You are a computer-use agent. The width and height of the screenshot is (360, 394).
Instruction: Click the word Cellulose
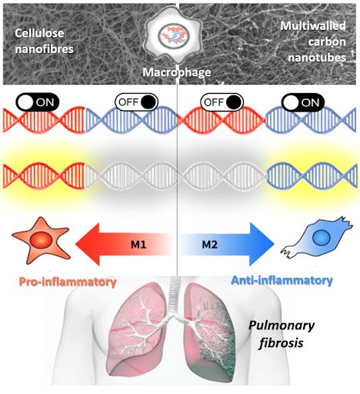(x=39, y=33)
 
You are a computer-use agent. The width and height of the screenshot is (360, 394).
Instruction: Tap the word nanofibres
(x=45, y=49)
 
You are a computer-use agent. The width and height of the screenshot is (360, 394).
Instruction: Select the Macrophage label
(x=177, y=72)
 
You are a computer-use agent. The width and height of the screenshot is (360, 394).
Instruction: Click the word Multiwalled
(x=313, y=25)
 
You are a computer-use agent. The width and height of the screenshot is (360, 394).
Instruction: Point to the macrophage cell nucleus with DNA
(x=173, y=35)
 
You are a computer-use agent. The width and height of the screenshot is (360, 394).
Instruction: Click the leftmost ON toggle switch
(x=38, y=102)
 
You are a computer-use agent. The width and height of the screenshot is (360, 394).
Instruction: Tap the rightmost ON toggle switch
(x=303, y=102)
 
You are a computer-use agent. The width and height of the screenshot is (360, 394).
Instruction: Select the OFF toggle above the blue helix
(x=136, y=102)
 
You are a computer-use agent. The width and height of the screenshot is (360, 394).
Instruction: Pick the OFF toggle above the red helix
(x=222, y=102)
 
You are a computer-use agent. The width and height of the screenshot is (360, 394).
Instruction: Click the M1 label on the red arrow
(x=138, y=245)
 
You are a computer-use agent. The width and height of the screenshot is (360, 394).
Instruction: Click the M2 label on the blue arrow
(x=210, y=245)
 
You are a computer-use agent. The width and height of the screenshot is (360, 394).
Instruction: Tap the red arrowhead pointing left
(x=88, y=244)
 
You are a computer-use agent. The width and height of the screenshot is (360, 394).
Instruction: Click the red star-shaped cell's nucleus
(x=42, y=240)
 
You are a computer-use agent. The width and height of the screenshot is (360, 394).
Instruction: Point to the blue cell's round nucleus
(x=321, y=238)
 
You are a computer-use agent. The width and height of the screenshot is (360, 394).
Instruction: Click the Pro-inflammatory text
(x=68, y=282)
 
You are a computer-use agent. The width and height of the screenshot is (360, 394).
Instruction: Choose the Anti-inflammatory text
(x=282, y=280)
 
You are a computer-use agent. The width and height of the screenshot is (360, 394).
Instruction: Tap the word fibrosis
(x=282, y=342)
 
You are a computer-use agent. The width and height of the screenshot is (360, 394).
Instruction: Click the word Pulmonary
(x=282, y=326)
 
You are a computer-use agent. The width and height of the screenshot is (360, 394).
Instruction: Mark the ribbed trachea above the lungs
(x=178, y=295)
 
